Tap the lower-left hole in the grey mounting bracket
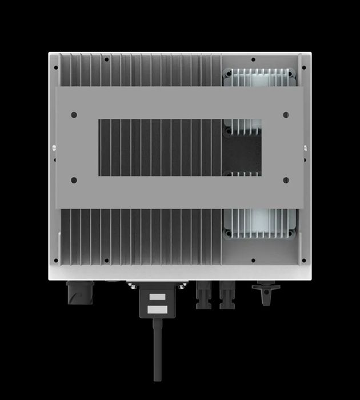pos(74,181)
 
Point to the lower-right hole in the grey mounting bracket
pos(286,181)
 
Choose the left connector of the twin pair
pos(203,294)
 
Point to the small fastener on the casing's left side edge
pos(53,151)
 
